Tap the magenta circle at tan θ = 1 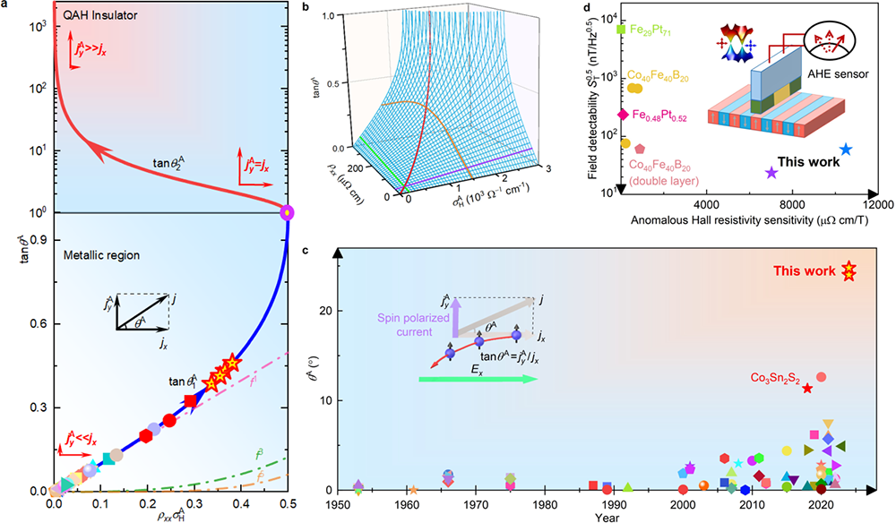287,212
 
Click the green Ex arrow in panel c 478,380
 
